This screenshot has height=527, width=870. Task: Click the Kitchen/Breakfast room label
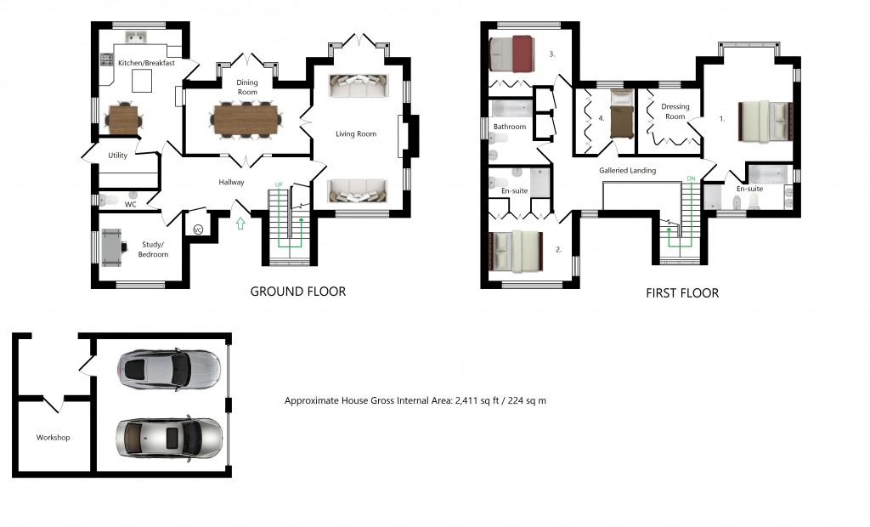pyautogui.click(x=146, y=63)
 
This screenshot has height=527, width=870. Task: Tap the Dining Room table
pyautogui.click(x=246, y=118)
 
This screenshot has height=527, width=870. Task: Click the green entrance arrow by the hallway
pyautogui.click(x=240, y=224)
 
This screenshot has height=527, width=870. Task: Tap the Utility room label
pyautogui.click(x=117, y=156)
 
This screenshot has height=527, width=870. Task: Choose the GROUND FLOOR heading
pyautogui.click(x=297, y=292)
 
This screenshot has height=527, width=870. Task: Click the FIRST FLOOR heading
pyautogui.click(x=682, y=293)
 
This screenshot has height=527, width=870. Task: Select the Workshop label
pyautogui.click(x=53, y=438)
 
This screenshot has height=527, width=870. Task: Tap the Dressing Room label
pyautogui.click(x=675, y=111)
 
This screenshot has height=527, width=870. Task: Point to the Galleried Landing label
pyautogui.click(x=627, y=171)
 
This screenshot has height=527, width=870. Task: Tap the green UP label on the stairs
pyautogui.click(x=278, y=184)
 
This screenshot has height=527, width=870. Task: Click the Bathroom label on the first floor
pyautogui.click(x=510, y=127)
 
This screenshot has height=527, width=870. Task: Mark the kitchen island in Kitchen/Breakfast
pyautogui.click(x=140, y=81)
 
